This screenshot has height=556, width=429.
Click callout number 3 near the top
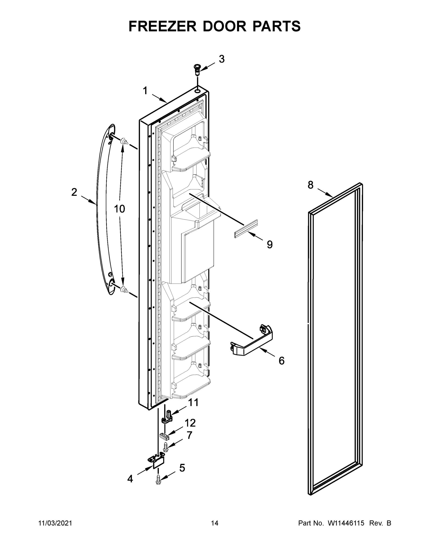point(222,59)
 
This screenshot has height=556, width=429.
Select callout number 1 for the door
point(145,91)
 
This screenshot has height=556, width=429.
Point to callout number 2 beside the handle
point(74,192)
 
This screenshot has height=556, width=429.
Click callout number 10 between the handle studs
point(119,209)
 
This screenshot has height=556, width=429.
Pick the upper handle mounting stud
point(124,141)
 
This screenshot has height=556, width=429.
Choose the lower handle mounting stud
point(124,289)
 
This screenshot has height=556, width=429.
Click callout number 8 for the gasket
point(311,185)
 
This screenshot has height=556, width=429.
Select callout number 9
point(270,244)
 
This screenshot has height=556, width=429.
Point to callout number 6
point(282,361)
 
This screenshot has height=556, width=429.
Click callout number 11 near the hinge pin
point(193,403)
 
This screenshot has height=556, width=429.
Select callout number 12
point(190,423)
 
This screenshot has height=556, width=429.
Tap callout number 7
point(190,435)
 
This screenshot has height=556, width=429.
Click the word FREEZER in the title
point(162,26)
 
